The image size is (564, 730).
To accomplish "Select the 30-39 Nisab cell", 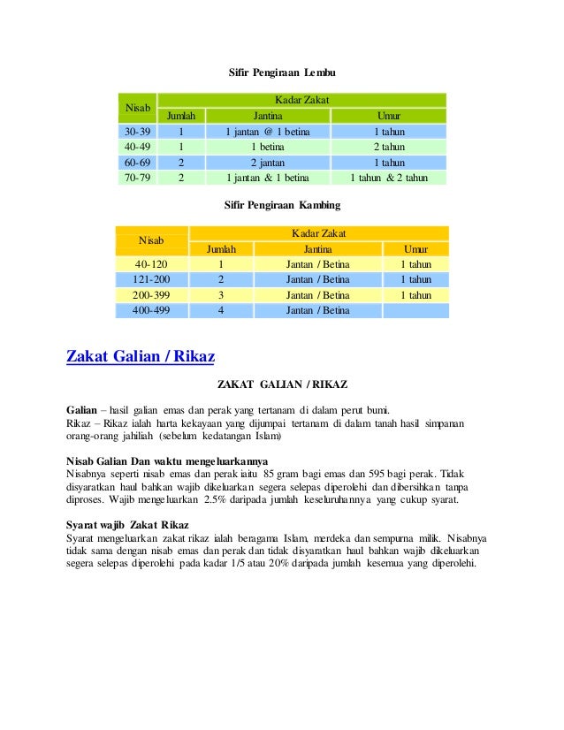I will [137, 132].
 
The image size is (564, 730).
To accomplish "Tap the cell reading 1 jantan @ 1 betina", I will [267, 132].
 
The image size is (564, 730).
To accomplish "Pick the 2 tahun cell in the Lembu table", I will [388, 147].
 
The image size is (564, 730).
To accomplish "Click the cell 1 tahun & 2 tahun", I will [388, 178].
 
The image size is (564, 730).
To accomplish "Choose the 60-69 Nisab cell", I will [137, 163].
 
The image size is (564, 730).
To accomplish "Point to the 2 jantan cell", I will [267, 163].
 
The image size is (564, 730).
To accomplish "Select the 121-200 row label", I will [151, 279].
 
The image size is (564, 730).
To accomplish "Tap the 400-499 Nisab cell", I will [151, 310].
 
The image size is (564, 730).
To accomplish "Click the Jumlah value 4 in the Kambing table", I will [220, 310].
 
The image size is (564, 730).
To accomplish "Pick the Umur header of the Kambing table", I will [415, 249].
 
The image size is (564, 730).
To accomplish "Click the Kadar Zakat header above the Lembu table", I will [301, 101].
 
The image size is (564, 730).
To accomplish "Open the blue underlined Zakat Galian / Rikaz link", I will [141, 357].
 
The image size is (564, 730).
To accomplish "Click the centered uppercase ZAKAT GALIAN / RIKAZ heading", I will [282, 385].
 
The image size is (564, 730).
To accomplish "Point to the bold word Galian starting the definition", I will [82, 410].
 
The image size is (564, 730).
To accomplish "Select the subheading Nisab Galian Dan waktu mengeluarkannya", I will [168, 461].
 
